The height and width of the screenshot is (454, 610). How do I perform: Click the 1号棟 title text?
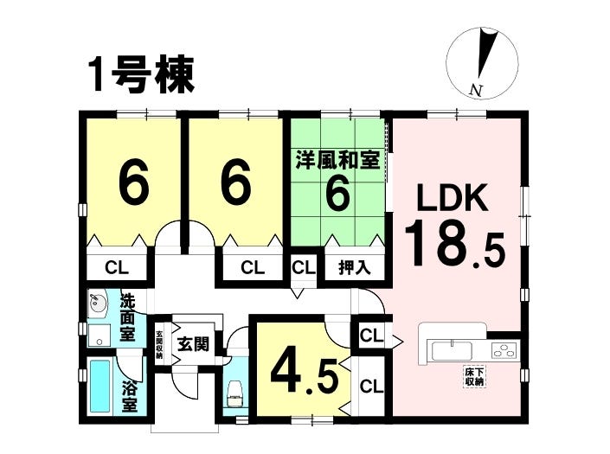(142, 75)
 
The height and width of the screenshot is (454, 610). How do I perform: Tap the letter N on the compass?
(476, 90)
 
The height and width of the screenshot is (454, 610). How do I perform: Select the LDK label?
(453, 198)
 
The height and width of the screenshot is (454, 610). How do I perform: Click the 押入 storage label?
(355, 268)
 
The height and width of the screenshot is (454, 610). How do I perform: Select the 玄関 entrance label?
(193, 344)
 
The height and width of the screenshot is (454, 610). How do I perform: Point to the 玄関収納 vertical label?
(160, 344)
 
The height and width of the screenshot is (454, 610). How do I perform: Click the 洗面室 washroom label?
(127, 318)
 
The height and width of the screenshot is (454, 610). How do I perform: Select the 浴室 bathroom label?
(130, 397)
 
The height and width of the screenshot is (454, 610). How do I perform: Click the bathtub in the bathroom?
(100, 386)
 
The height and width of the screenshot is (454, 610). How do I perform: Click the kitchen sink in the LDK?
(452, 350)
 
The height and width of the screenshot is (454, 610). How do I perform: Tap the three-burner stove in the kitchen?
(504, 350)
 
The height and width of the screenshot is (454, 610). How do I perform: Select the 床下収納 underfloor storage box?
(475, 377)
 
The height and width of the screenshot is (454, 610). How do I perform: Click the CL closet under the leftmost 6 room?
(117, 268)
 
